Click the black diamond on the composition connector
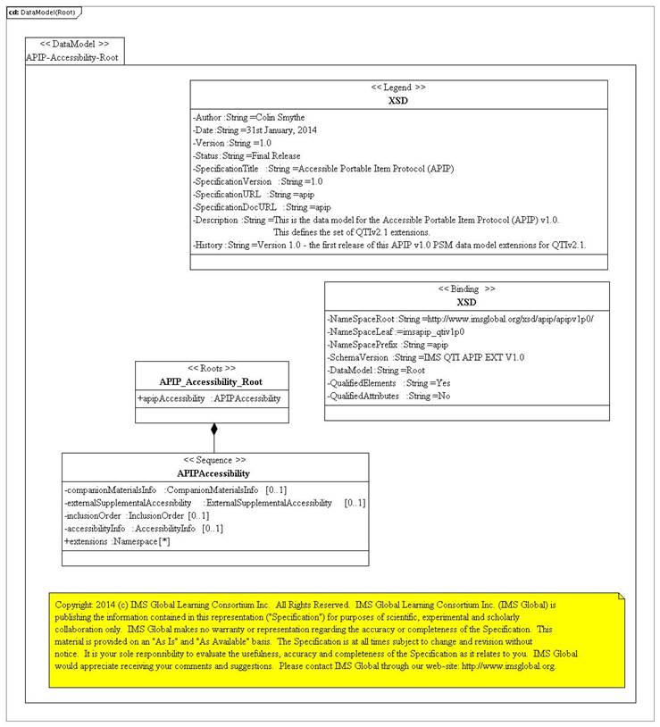[x=213, y=430]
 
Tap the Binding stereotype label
[x=466, y=289]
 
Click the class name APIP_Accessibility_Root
[x=212, y=380]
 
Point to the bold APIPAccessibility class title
[x=213, y=472]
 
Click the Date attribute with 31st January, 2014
[x=255, y=130]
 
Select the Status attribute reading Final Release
[x=246, y=155]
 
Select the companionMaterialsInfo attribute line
[x=175, y=490]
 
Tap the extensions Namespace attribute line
[x=117, y=540]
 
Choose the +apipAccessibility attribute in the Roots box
[x=209, y=398]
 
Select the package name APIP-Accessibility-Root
[x=72, y=56]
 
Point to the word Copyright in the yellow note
[x=74, y=605]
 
